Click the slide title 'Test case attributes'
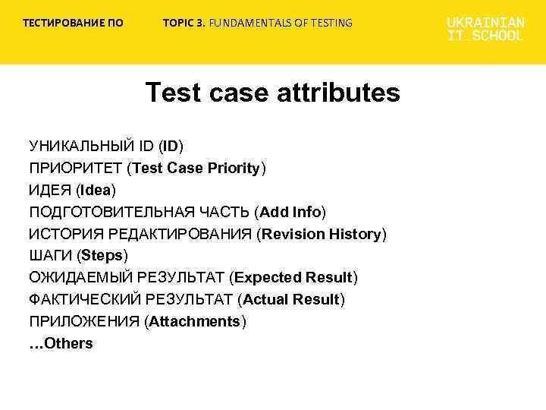coord(272,93)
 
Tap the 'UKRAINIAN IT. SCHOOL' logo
coord(485,29)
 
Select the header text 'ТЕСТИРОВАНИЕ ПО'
coord(73,23)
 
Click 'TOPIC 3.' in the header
coord(184,23)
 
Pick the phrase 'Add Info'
coord(290,212)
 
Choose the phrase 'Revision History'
coord(322,234)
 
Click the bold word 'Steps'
coord(102,256)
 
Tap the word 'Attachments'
coord(195,322)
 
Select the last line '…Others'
coord(61,344)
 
